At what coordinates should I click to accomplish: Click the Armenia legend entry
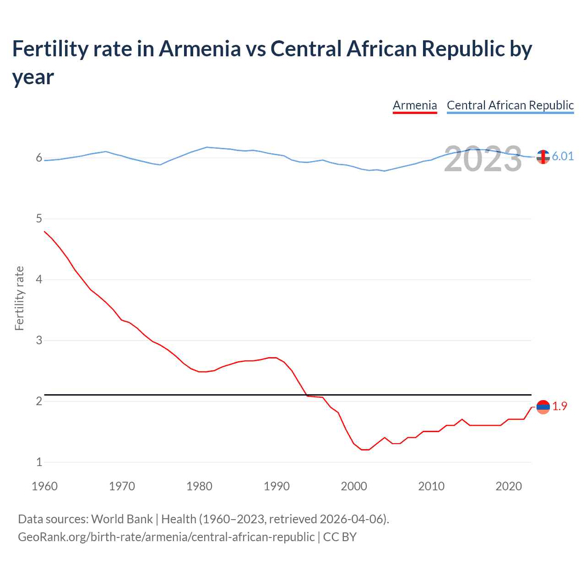[415, 105]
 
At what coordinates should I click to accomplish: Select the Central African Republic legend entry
[510, 105]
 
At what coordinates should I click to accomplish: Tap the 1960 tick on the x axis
[44, 486]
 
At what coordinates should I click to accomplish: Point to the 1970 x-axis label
[122, 486]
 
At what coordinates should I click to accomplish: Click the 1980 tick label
[199, 486]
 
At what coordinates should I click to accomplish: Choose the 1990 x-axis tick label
[277, 486]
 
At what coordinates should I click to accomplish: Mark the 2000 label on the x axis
[354, 486]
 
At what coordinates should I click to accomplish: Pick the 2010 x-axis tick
[431, 486]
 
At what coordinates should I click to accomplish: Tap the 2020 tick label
[509, 486]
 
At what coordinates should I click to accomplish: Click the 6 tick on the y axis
[39, 158]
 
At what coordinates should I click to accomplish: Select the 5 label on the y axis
[39, 219]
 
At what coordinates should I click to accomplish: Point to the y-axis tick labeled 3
[39, 340]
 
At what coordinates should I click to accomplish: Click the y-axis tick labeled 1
[39, 462]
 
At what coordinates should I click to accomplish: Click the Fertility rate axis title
[19, 298]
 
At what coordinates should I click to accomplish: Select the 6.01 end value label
[563, 157]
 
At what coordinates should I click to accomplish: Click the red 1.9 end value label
[559, 406]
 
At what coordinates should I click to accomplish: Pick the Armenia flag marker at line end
[543, 407]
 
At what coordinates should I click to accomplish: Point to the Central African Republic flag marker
[543, 157]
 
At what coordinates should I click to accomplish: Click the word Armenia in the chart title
[200, 49]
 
